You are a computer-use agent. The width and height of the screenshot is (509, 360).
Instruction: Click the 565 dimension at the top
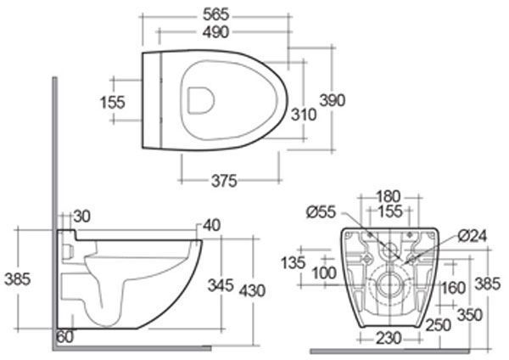click(215, 14)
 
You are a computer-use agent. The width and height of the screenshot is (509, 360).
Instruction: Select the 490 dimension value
click(215, 32)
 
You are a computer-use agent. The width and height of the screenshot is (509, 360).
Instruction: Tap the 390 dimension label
click(333, 100)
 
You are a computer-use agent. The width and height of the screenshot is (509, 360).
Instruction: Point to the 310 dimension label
click(304, 115)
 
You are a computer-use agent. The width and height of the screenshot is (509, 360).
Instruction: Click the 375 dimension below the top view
click(224, 181)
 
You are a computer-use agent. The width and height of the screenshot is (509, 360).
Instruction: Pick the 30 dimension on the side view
click(81, 217)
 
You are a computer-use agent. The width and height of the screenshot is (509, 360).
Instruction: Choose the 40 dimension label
click(211, 225)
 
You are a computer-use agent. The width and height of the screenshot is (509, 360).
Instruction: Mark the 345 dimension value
click(221, 285)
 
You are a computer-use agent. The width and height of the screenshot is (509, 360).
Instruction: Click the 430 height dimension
click(252, 290)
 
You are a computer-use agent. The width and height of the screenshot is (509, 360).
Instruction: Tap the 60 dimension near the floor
click(65, 337)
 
